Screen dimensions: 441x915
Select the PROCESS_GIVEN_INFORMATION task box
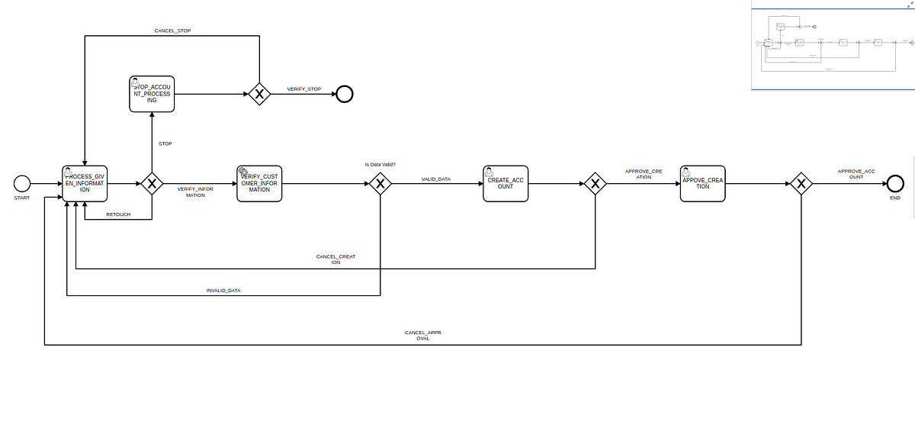[x=85, y=183]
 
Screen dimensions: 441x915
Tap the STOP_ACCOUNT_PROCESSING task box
[x=152, y=94]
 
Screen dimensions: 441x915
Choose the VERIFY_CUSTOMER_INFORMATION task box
[x=260, y=183]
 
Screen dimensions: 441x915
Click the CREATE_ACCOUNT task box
[x=506, y=183]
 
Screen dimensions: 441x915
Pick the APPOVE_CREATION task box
[x=702, y=183]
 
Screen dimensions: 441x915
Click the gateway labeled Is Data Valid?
[x=380, y=183]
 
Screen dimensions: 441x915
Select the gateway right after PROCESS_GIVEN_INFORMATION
[x=152, y=183]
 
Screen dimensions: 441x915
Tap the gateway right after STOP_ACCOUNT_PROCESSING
[x=260, y=94]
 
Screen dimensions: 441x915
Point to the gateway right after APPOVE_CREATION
[x=801, y=183]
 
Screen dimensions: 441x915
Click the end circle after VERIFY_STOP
[x=345, y=94]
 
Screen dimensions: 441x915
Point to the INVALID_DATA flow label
[x=223, y=291]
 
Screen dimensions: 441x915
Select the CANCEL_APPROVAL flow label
[x=422, y=336]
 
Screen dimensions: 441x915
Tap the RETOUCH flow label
[x=118, y=214]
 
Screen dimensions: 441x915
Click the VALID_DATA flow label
[x=436, y=179]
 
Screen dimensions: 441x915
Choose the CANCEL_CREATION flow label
[x=335, y=259]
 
